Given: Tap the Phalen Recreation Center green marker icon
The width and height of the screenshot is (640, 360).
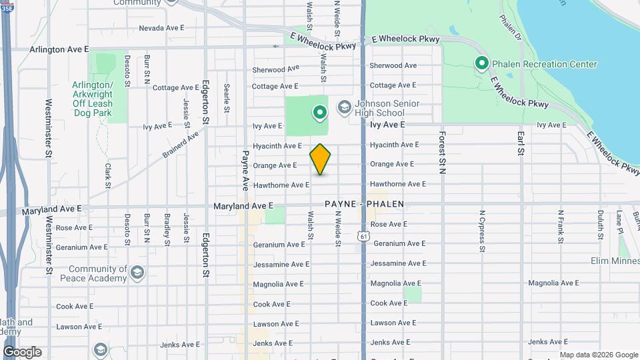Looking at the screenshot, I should point(481,63).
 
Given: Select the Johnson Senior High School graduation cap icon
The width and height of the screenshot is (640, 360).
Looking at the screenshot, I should point(344,107).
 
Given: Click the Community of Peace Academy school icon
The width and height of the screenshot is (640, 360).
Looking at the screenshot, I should point(137,272).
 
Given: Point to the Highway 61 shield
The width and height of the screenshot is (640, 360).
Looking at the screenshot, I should point(363,236).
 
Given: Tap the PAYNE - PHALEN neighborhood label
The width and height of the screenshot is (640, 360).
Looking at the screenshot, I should point(364,204).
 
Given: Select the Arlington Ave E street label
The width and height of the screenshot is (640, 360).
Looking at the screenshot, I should point(59,49).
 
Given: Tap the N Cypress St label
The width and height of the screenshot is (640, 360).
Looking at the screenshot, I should point(481,232).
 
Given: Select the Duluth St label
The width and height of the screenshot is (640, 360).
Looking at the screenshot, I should point(600,225).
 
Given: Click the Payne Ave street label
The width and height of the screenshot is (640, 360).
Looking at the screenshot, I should point(245,169).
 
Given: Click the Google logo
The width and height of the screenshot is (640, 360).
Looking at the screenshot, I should point(22,352).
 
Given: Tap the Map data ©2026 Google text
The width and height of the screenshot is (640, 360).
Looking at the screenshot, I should point(598,355).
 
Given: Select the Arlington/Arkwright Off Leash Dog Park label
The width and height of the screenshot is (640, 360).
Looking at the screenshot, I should point(93,99).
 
